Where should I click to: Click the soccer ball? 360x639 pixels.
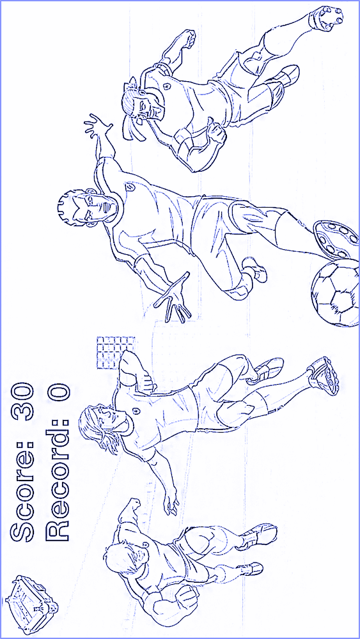pyautogui.click(x=335, y=293)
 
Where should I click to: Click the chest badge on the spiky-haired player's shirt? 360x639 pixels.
pyautogui.click(x=130, y=187)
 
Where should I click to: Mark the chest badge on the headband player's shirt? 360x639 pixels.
pyautogui.click(x=166, y=86)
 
